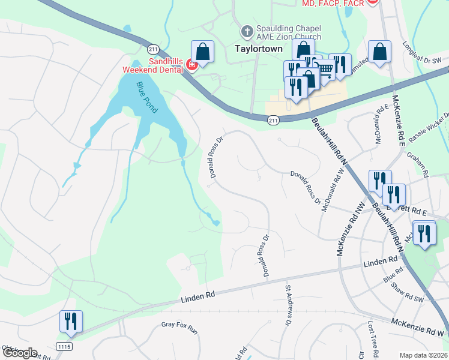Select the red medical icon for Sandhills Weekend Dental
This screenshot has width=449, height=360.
click(x=192, y=64)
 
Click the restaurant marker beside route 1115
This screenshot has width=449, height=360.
click(x=71, y=322)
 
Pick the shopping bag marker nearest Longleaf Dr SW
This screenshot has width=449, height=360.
click(x=380, y=52)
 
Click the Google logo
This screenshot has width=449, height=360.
click(x=20, y=353)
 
